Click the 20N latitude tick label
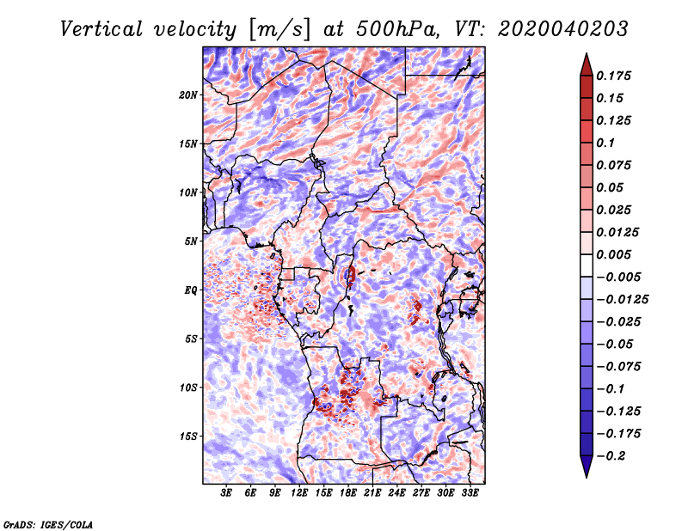[x=188, y=95]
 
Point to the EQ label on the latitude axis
[x=191, y=290]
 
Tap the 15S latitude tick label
[x=188, y=436]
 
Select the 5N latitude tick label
[x=191, y=241]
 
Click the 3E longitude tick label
[x=226, y=492]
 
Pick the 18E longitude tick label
[x=348, y=492]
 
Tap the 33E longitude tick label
[x=470, y=492]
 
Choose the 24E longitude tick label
[x=396, y=492]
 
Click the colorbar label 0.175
[x=613, y=76]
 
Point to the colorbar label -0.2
[x=611, y=456]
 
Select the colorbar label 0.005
[x=613, y=254]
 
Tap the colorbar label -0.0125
[x=622, y=300]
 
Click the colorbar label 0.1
[x=605, y=143]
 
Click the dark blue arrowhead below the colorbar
[x=587, y=467]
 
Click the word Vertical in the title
[x=101, y=29]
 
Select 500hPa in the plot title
[x=397, y=29]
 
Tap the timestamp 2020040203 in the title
[x=563, y=29]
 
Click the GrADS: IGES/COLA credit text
[x=48, y=524]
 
